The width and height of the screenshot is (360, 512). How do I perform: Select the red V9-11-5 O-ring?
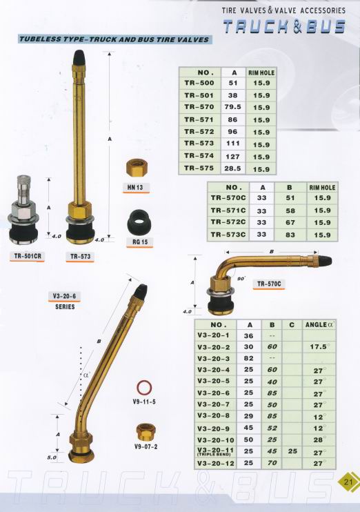pyautogui.click(x=144, y=388)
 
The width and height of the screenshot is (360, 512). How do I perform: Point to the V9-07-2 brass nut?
pyautogui.click(x=145, y=432)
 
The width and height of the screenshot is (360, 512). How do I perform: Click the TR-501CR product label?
pyautogui.click(x=28, y=256)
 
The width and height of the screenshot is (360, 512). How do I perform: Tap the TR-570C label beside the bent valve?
pyautogui.click(x=268, y=284)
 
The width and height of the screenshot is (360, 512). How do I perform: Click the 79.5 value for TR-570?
pyautogui.click(x=232, y=107)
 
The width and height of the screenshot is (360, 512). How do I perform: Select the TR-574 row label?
pyautogui.click(x=199, y=156)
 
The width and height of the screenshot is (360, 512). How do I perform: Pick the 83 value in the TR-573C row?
pyautogui.click(x=290, y=235)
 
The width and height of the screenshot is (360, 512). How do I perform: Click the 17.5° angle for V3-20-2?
pyautogui.click(x=319, y=346)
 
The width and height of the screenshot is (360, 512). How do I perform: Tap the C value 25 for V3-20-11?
pyautogui.click(x=292, y=451)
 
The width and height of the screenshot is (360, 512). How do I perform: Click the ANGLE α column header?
pyautogui.click(x=320, y=325)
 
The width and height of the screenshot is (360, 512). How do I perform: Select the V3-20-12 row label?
pyautogui.click(x=216, y=463)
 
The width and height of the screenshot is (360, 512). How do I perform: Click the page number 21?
pyautogui.click(x=348, y=482)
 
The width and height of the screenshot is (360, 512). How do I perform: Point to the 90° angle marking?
pyautogui.click(x=241, y=279)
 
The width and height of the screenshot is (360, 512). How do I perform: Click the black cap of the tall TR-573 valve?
pyautogui.click(x=79, y=57)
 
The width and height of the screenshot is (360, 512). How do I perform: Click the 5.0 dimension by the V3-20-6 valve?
pyautogui.click(x=52, y=457)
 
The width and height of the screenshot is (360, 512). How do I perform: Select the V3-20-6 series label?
pyautogui.click(x=65, y=297)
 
